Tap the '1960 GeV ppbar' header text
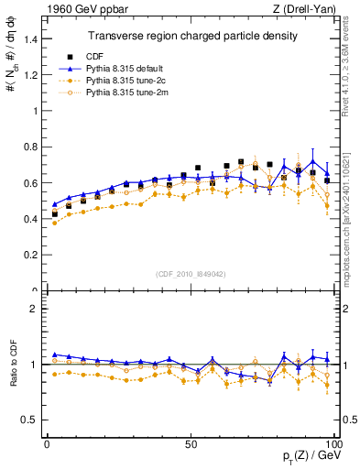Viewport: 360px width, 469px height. pyautogui.click(x=75, y=10)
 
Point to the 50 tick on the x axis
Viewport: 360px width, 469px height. pyautogui.click(x=191, y=443)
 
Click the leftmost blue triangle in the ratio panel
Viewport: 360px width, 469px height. pyautogui.click(x=54, y=354)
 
